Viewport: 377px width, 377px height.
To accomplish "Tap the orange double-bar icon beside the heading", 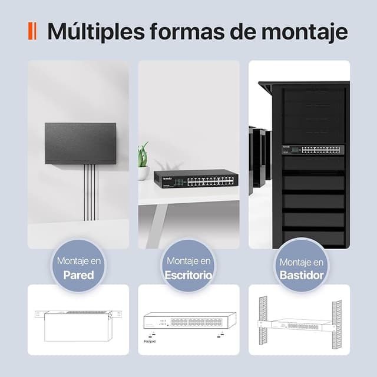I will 33,31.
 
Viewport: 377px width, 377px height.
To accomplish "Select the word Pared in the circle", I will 78,275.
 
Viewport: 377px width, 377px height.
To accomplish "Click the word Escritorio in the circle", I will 188,275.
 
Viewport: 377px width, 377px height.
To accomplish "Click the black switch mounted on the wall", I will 80,143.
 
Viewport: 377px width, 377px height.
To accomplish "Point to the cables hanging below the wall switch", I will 89,191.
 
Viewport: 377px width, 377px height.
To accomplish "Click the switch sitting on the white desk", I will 196,178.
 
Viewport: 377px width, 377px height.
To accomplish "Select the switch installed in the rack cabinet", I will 312,150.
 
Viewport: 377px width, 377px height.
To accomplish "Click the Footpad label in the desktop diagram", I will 150,341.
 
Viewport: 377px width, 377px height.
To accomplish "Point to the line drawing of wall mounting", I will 78,324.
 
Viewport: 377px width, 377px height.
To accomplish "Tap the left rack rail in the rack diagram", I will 263,320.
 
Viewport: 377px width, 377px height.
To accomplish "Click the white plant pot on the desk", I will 143,173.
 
